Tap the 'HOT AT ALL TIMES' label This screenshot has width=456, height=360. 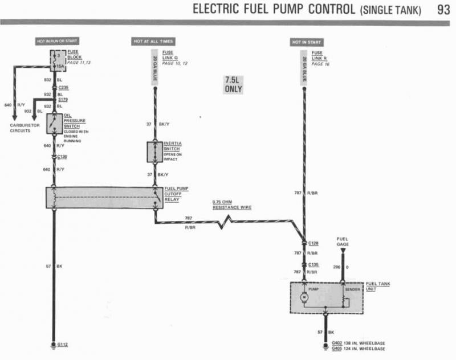153,42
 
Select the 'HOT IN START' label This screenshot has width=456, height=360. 307,42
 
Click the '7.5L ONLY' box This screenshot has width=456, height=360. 233,85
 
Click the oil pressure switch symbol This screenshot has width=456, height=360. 54,123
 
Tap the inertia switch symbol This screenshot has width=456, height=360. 154,152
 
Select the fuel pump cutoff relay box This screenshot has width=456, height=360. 104,197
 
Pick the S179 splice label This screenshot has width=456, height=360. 62,100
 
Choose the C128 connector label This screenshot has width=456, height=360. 313,243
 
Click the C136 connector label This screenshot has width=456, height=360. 313,264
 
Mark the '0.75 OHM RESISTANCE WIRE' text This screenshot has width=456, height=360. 231,205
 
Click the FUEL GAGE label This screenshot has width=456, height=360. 343,242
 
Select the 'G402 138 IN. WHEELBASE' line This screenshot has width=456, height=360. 357,343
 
